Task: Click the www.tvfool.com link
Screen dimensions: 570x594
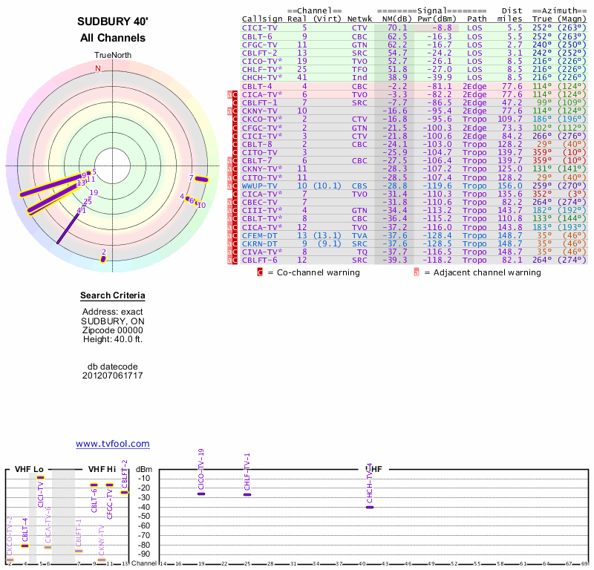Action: click(113, 444)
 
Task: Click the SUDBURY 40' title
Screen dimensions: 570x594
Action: click(113, 22)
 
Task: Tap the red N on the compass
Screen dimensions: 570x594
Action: click(97, 68)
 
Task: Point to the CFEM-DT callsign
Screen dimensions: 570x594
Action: click(261, 235)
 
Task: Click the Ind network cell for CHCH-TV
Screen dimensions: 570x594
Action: click(359, 76)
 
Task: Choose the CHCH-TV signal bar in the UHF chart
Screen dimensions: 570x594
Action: click(370, 507)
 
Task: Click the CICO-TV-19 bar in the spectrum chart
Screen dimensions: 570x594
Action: click(201, 494)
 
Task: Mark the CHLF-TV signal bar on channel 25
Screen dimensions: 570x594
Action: click(247, 494)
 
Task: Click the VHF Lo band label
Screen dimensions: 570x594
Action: click(29, 469)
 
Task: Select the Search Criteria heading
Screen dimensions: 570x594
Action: click(113, 296)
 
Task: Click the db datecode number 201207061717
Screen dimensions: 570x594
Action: click(113, 376)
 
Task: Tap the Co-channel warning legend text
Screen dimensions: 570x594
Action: click(313, 272)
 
